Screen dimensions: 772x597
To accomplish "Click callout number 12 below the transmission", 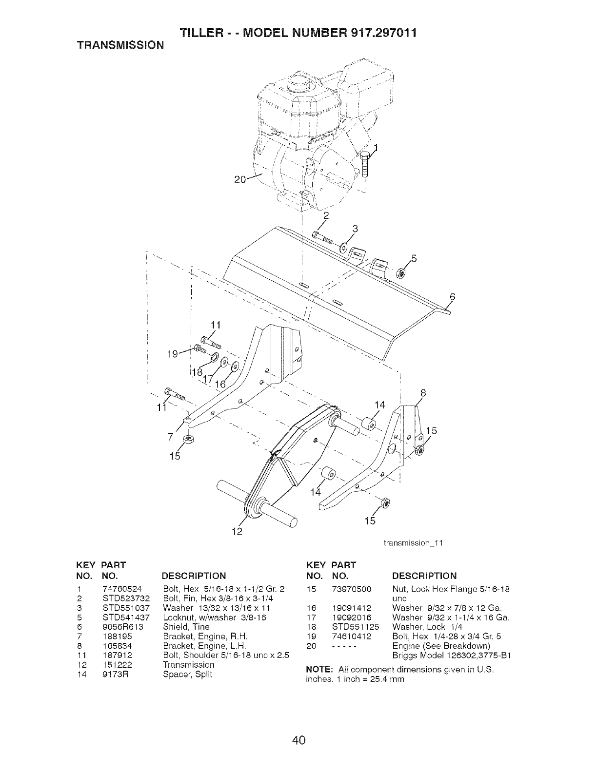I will pos(237,531).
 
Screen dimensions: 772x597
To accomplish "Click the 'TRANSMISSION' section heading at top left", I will pos(119,45).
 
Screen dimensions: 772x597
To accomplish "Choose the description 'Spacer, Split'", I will pos(188,674).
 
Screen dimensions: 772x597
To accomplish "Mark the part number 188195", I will pos(118,636).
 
